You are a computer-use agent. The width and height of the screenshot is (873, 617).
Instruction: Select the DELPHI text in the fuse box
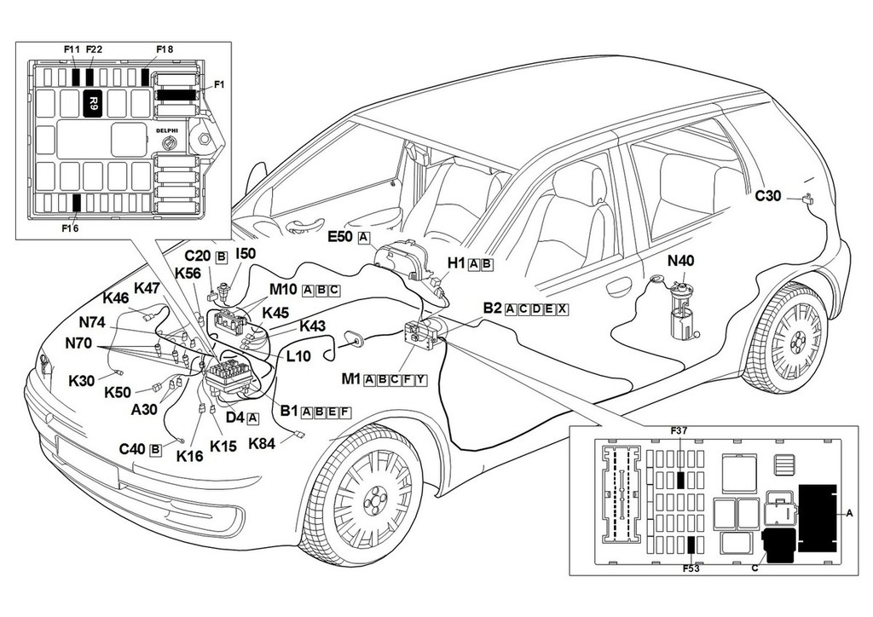click(x=167, y=130)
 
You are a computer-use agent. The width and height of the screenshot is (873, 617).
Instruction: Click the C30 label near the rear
click(x=768, y=195)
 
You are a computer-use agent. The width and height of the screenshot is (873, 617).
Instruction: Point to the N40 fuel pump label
click(x=682, y=262)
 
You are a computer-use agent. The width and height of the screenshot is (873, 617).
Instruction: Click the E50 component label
click(x=344, y=237)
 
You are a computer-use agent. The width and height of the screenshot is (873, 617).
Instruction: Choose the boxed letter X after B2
click(x=563, y=308)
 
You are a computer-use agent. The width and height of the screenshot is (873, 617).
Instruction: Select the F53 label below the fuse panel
click(x=690, y=568)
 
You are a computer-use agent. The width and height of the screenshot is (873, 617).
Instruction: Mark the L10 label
click(x=298, y=357)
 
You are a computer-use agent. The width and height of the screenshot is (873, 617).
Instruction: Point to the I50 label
click(x=246, y=254)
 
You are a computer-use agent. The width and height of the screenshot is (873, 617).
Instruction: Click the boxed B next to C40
click(x=155, y=449)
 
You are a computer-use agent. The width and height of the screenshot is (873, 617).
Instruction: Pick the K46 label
click(x=116, y=298)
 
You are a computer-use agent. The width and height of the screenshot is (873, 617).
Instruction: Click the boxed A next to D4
click(x=253, y=418)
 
